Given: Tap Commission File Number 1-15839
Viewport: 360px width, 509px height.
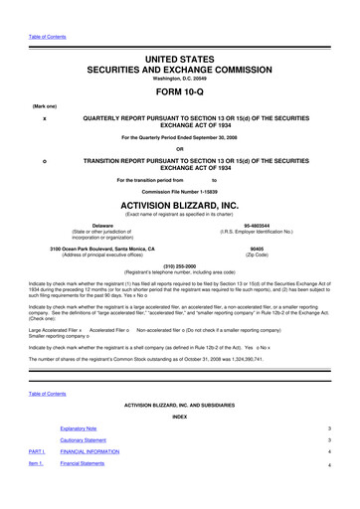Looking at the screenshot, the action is coord(180,190).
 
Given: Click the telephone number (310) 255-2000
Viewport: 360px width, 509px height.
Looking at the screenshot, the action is coord(180,265).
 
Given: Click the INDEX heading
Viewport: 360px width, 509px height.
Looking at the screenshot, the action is coord(180,417).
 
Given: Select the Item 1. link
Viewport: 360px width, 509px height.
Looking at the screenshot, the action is coord(35,463).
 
